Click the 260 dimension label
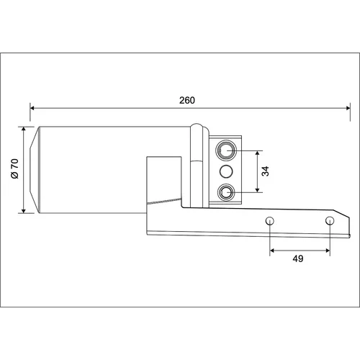[x=187, y=100]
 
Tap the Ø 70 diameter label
[x=14, y=168]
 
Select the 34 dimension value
[x=265, y=171]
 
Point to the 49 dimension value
[x=298, y=258]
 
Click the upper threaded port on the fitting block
[x=226, y=150]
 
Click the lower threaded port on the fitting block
[x=226, y=192]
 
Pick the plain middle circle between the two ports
[x=226, y=171]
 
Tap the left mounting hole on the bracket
[x=270, y=220]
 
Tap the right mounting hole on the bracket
[x=330, y=220]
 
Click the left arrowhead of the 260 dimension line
[x=32, y=108]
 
